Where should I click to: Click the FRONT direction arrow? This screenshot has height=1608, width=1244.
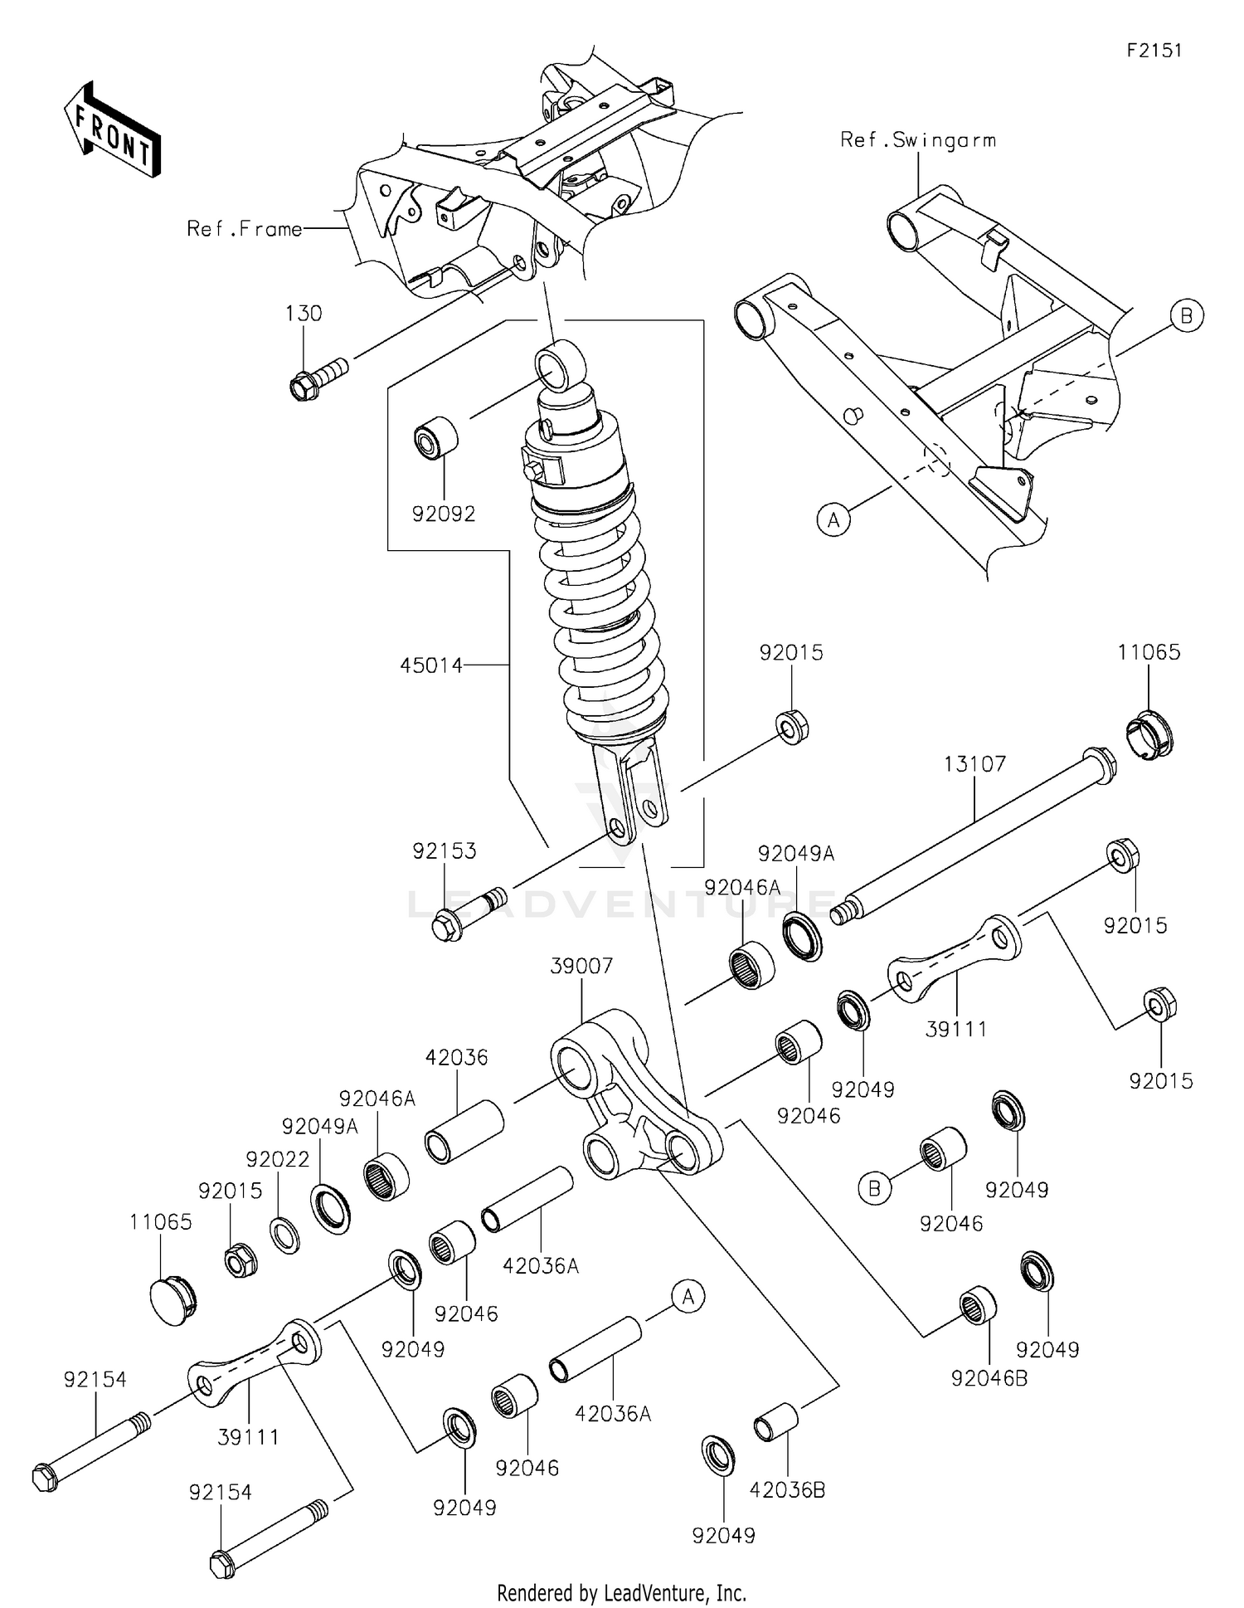click(x=112, y=131)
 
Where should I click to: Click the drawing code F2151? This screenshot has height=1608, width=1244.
click(x=1154, y=51)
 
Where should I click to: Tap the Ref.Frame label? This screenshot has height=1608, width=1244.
click(x=245, y=229)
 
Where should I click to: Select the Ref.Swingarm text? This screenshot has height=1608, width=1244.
click(x=918, y=140)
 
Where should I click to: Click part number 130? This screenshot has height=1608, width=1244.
click(x=304, y=314)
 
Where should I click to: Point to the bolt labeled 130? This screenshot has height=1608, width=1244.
click(x=319, y=376)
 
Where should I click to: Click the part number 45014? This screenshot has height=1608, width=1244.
click(x=431, y=665)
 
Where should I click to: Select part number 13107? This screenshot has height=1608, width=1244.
click(x=974, y=763)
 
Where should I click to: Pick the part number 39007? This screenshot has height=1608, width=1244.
click(x=582, y=966)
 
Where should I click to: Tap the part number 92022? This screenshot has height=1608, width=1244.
click(x=278, y=1159)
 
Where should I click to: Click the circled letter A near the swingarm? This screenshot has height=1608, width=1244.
click(x=834, y=519)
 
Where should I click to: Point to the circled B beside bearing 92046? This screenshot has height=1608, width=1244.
click(x=874, y=1189)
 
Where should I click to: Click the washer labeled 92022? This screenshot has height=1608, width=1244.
click(x=286, y=1235)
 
